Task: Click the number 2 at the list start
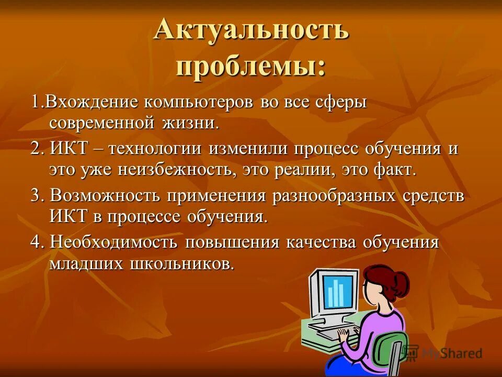coord(36,149)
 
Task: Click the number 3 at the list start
coord(36,196)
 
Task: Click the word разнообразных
coord(335,196)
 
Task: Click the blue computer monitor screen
coord(337,291)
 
